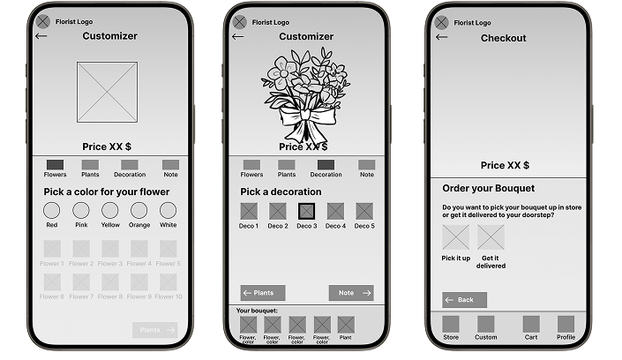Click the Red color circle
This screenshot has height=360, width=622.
click(x=52, y=211)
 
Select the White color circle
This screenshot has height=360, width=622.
click(x=168, y=211)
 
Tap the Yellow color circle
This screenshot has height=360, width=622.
click(x=110, y=211)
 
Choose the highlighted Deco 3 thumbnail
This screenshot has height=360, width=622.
click(x=306, y=212)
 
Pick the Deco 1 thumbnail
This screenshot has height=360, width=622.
click(x=250, y=212)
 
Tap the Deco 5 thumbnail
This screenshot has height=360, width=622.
click(x=363, y=212)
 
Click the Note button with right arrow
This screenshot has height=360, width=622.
click(x=351, y=293)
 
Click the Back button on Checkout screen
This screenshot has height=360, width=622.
click(x=464, y=300)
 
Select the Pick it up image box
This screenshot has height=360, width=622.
click(x=456, y=237)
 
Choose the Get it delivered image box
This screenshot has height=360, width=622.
click(x=491, y=237)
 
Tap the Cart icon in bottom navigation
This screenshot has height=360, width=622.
click(x=530, y=324)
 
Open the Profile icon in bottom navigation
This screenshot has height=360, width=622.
click(x=566, y=324)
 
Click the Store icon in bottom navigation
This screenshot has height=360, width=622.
click(x=451, y=324)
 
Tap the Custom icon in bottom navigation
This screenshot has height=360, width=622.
click(x=486, y=324)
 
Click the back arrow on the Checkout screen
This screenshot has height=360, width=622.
click(x=442, y=37)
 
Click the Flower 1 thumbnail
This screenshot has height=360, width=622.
click(x=52, y=249)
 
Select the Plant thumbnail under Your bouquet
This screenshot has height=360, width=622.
click(x=346, y=325)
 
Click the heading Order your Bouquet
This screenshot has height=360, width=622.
click(x=488, y=189)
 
